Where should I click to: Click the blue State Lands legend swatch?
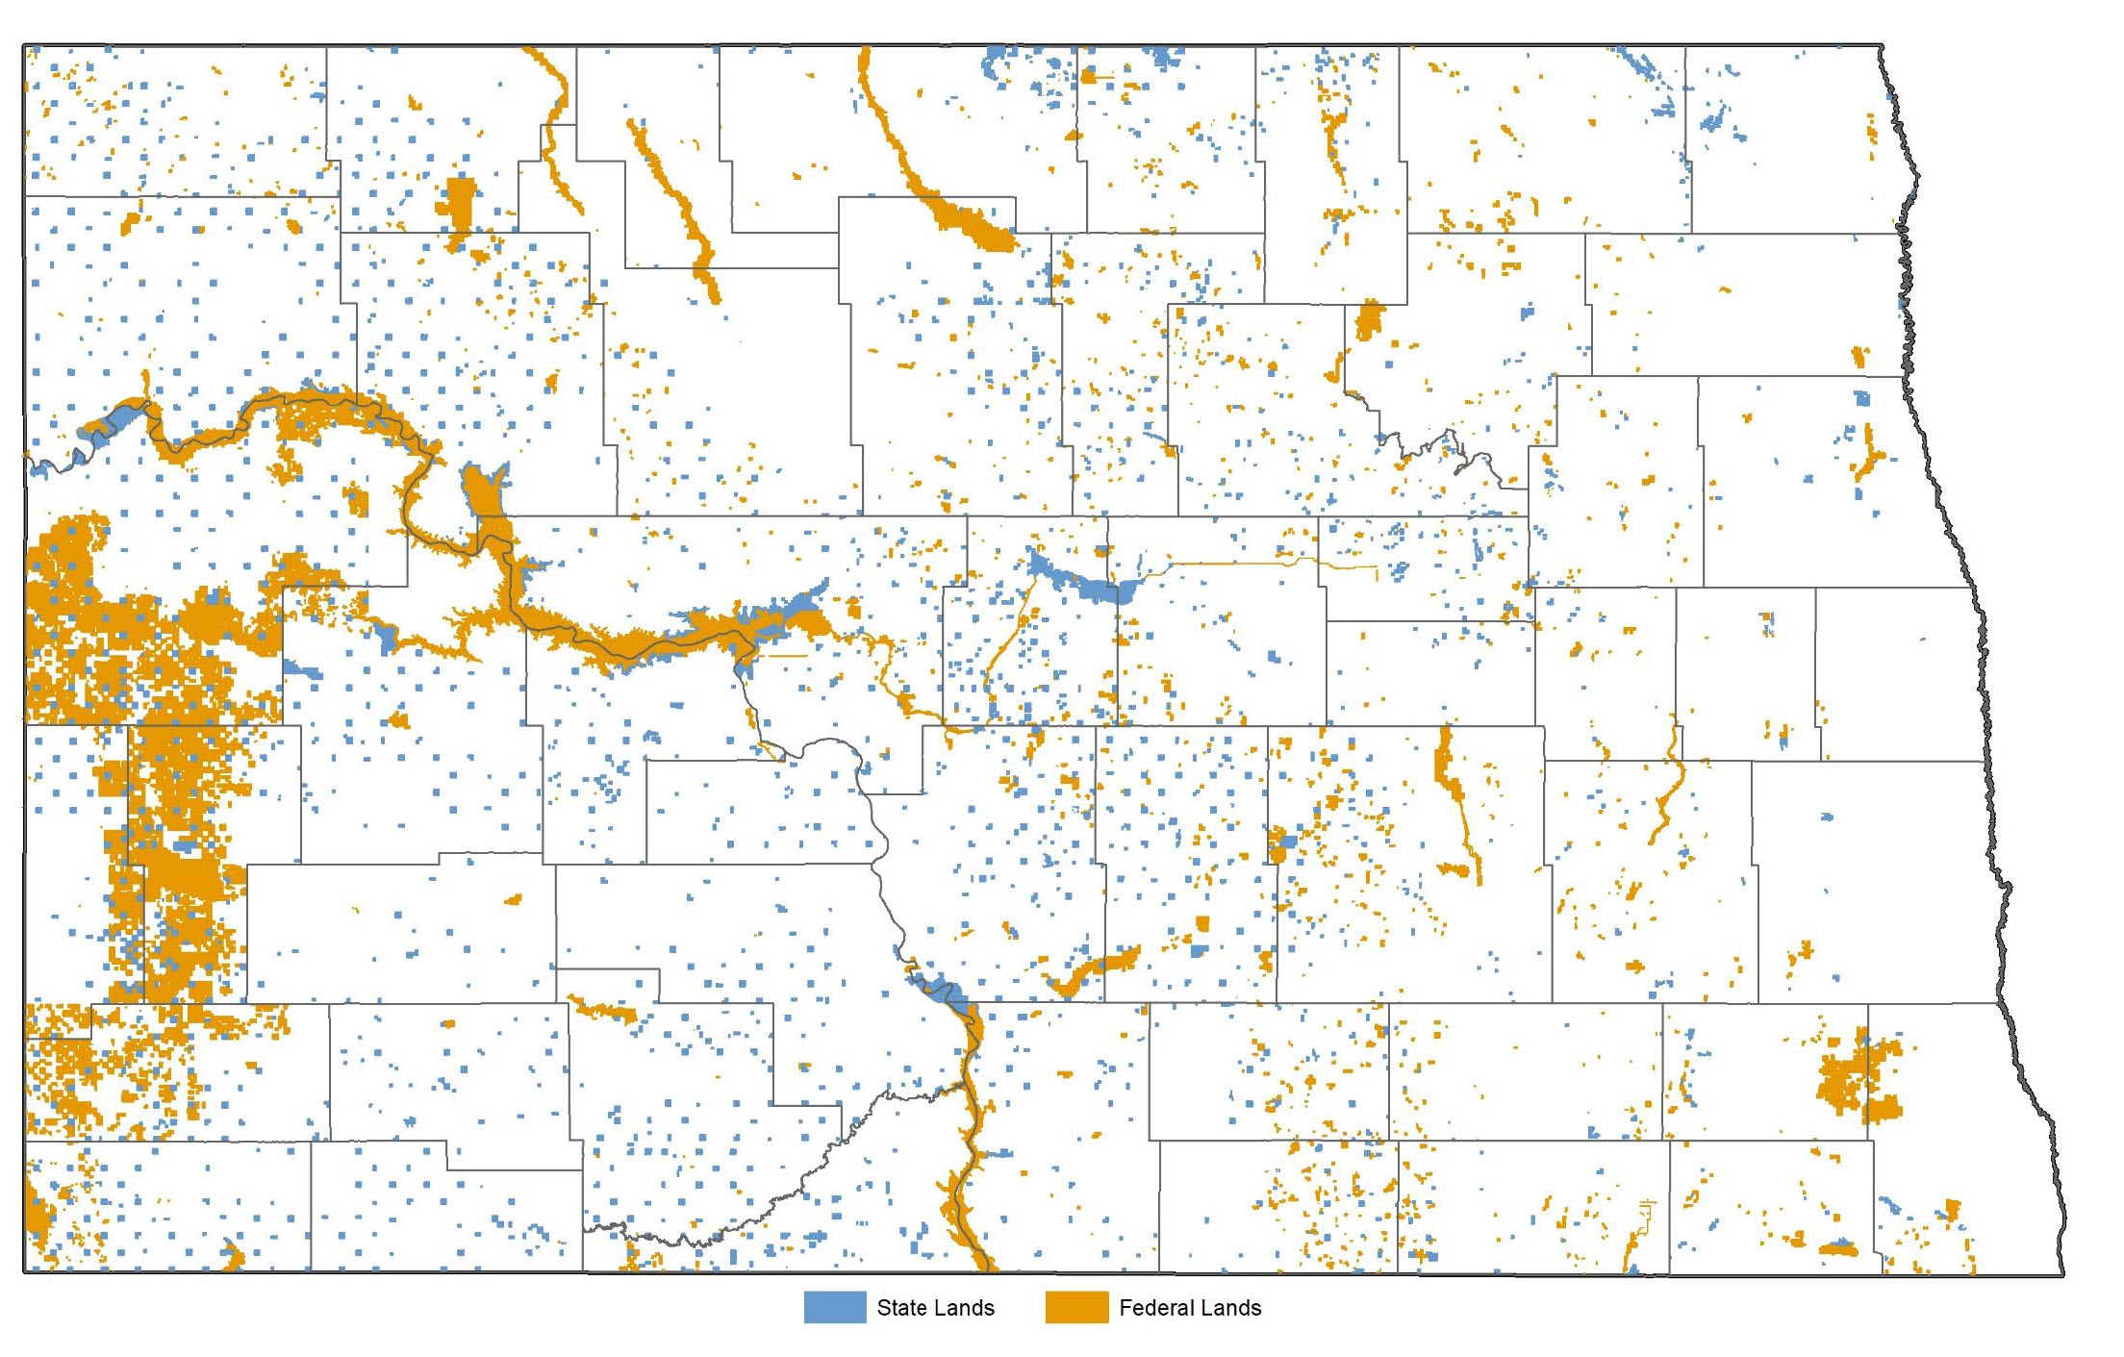point(834,1307)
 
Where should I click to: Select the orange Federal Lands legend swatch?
point(1076,1307)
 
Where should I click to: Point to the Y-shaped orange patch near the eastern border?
point(1869,458)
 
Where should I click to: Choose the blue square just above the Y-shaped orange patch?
point(1862,398)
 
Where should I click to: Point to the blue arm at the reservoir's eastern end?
point(803,606)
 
